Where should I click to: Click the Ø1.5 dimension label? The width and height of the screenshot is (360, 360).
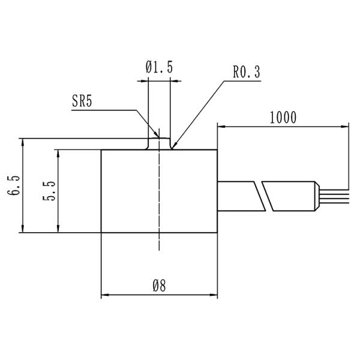click(159, 67)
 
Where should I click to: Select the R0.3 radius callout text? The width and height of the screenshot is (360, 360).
click(247, 71)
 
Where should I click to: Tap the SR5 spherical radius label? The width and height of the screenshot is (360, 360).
click(82, 101)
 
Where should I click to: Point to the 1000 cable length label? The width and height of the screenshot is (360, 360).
click(283, 118)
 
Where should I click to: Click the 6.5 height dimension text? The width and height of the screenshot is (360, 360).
click(13, 185)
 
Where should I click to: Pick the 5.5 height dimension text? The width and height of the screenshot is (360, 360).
click(49, 191)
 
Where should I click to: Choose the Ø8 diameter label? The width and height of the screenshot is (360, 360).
click(159, 286)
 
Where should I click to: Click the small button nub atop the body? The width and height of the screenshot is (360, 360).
click(159, 144)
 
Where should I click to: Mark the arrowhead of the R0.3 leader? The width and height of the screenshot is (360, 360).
click(174, 145)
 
